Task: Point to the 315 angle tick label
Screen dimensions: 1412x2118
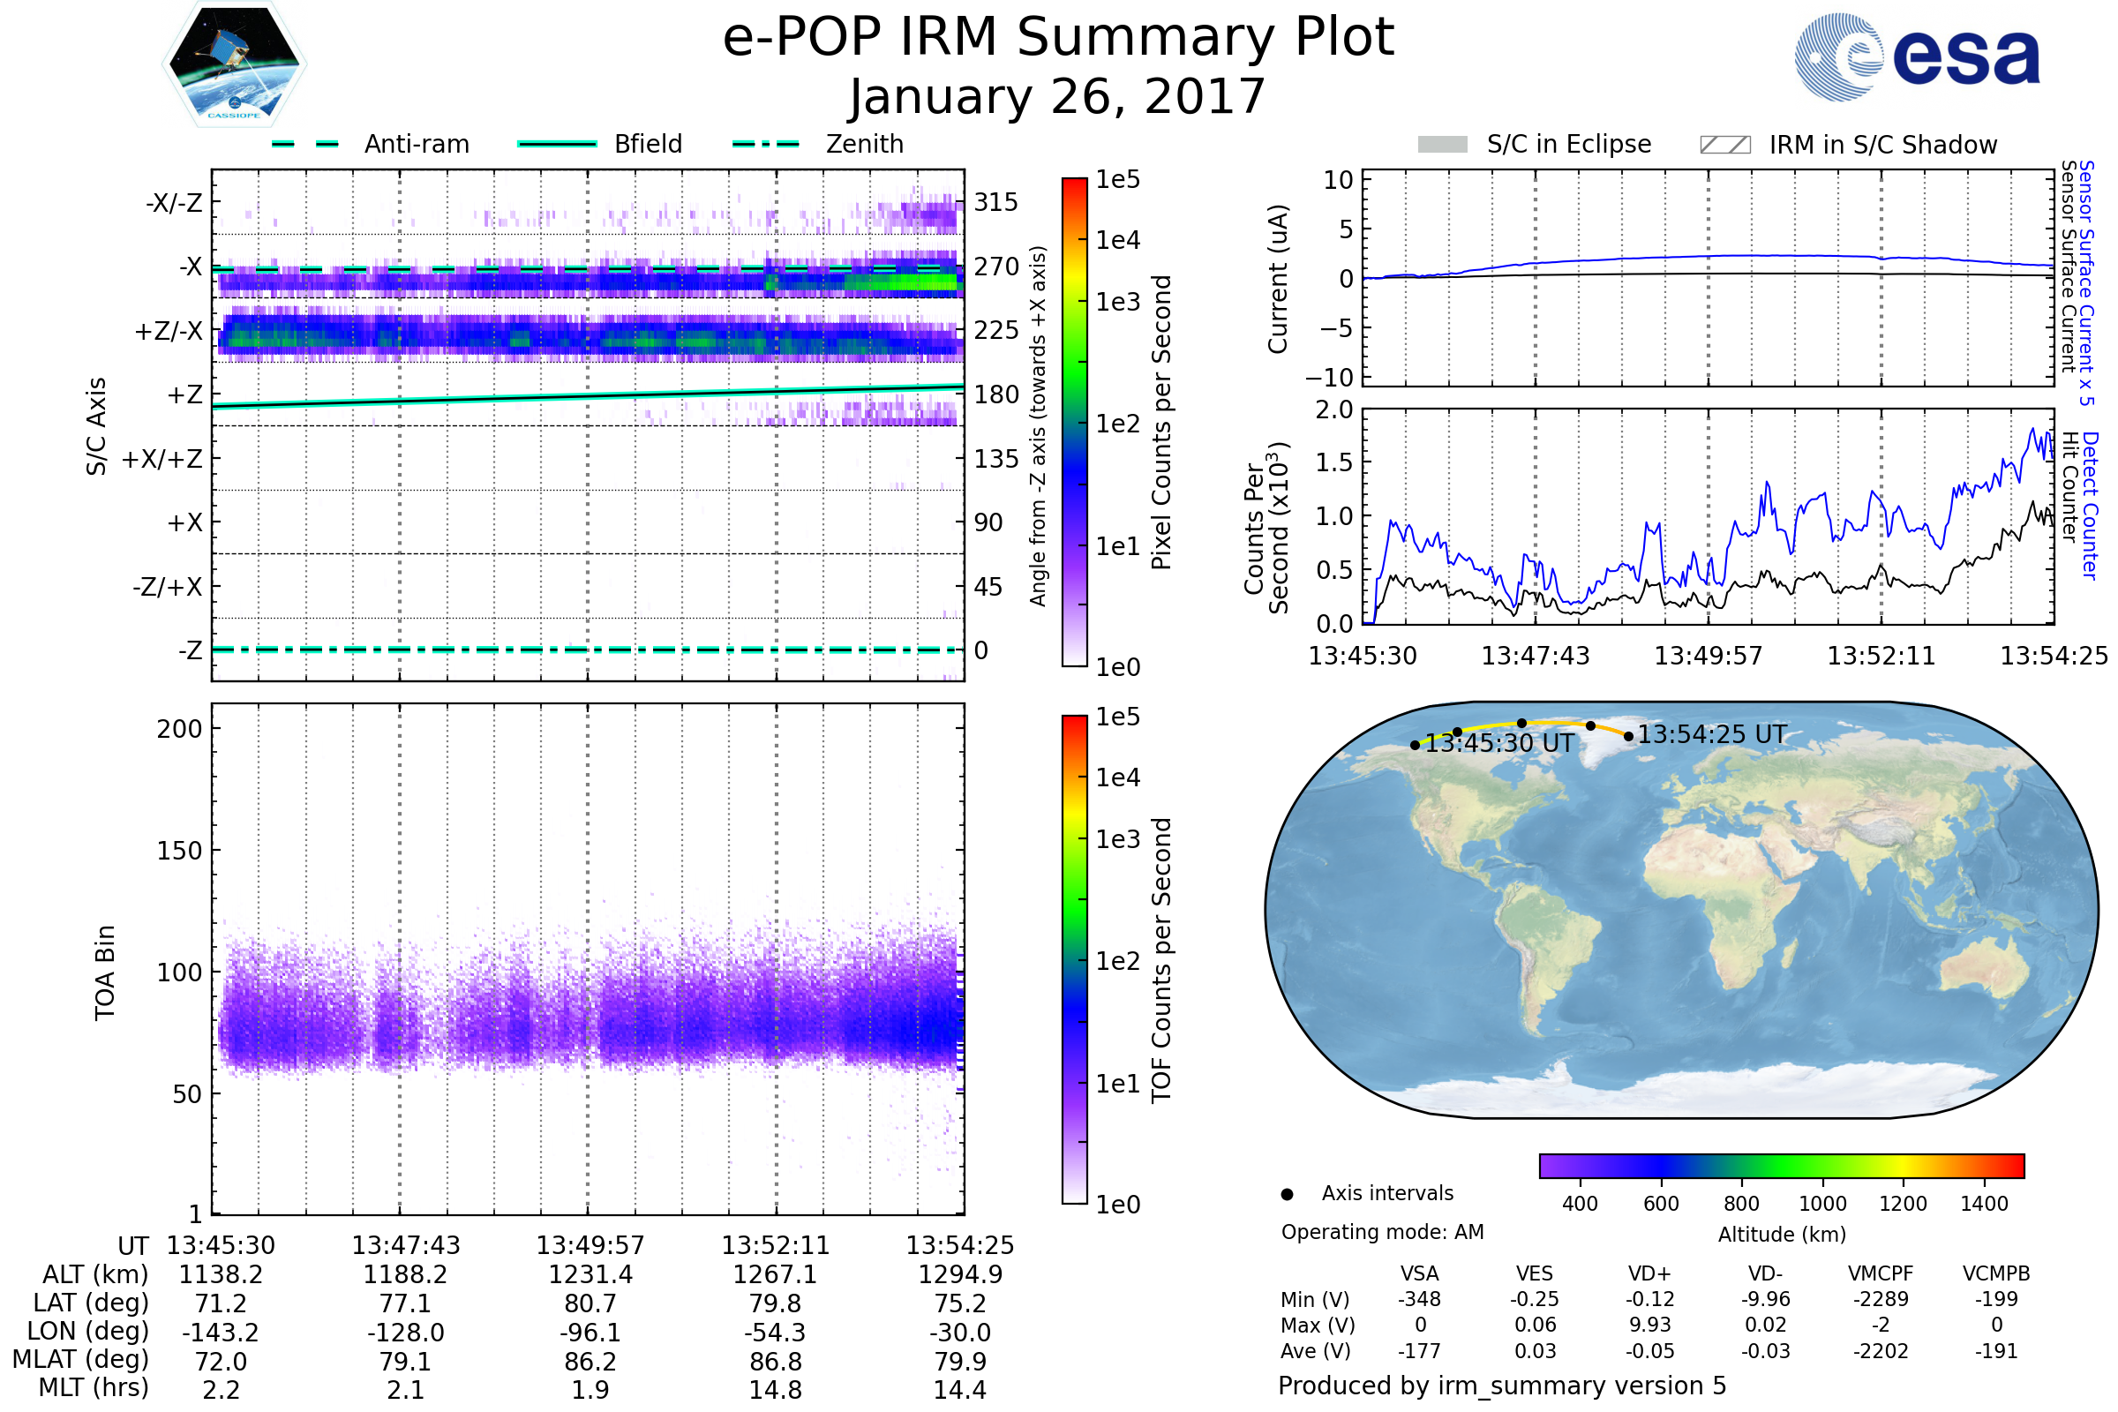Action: pyautogui.click(x=995, y=202)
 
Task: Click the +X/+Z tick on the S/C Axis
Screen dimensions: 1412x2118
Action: pyautogui.click(x=162, y=459)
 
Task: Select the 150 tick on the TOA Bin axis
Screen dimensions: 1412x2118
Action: pyautogui.click(x=179, y=851)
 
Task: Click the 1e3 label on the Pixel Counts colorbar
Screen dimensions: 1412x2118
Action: pyautogui.click(x=1117, y=302)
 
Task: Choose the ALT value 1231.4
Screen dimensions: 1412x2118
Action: pyautogui.click(x=590, y=1274)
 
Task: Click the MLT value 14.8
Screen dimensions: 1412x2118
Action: pyautogui.click(x=775, y=1389)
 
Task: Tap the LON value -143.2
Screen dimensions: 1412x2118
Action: pyautogui.click(x=221, y=1332)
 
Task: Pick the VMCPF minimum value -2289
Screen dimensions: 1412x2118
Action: pyautogui.click(x=1881, y=1299)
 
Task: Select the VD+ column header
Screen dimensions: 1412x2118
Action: pyautogui.click(x=1649, y=1273)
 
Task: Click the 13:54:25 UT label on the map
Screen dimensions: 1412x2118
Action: pyautogui.click(x=1711, y=735)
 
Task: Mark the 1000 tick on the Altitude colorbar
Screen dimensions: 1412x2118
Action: pyautogui.click(x=1821, y=1204)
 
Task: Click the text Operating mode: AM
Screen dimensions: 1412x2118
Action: pyautogui.click(x=1382, y=1232)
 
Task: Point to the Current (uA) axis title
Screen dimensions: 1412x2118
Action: pyautogui.click(x=1278, y=279)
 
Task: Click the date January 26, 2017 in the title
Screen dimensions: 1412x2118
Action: pyautogui.click(x=1058, y=97)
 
